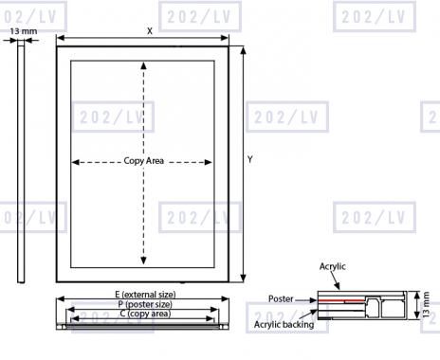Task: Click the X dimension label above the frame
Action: [x=150, y=31]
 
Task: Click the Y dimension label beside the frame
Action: [x=250, y=159]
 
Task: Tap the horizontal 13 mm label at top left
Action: [x=24, y=31]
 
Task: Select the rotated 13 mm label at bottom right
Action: [x=426, y=304]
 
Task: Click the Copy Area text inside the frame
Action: [x=144, y=161]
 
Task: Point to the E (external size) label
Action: [x=145, y=295]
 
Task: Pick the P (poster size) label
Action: [x=145, y=304]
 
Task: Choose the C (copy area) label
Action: [x=145, y=314]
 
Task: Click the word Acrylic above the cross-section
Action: [x=332, y=266]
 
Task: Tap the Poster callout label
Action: [x=281, y=298]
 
